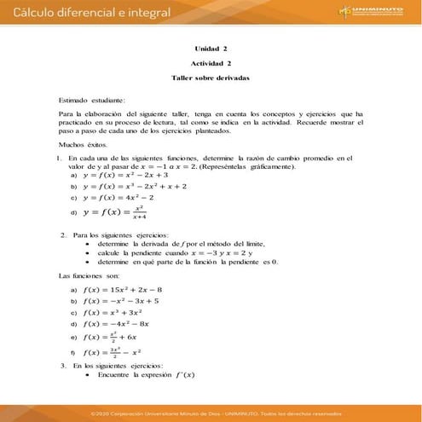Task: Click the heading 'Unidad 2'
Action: [x=211, y=49]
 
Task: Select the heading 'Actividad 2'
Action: [x=211, y=63]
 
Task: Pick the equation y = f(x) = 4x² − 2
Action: [x=111, y=197]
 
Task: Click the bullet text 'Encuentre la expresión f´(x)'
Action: [x=146, y=375]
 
